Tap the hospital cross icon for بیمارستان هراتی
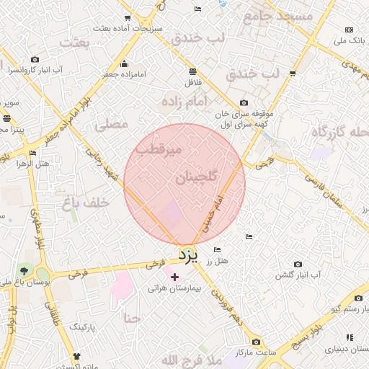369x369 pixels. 174,277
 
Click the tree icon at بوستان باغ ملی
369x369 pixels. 25,270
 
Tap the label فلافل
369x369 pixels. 192,82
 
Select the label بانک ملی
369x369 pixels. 350,40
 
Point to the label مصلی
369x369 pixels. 112,125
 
